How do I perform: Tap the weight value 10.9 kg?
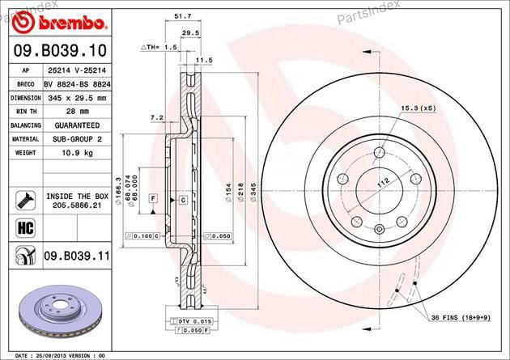[x=79, y=151]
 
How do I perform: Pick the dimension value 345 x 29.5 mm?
[x=79, y=96]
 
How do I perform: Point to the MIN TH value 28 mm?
[x=79, y=111]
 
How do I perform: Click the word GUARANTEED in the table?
[x=79, y=125]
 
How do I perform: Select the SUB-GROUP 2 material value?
[x=79, y=138]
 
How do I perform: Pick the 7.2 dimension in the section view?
[x=157, y=118]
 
